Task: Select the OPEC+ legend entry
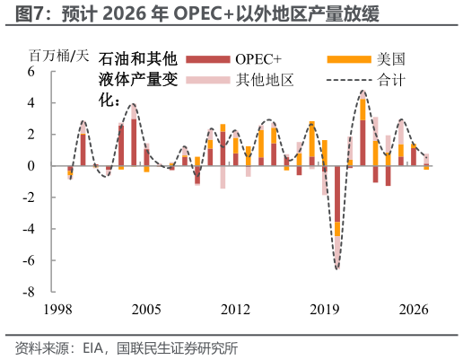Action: pyautogui.click(x=260, y=59)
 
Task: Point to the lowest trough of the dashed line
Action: pyautogui.click(x=337, y=268)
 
